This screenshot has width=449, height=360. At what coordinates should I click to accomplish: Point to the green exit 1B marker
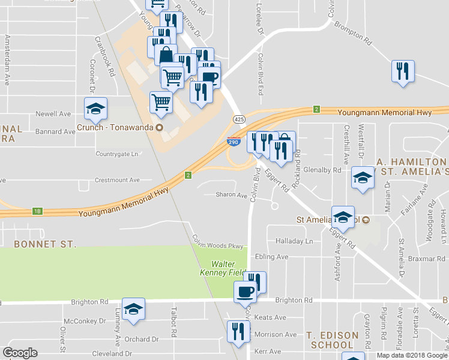click(x=37, y=211)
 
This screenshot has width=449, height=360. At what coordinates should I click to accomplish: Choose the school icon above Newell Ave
click(x=95, y=109)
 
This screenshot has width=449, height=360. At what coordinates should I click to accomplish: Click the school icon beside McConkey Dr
click(x=133, y=309)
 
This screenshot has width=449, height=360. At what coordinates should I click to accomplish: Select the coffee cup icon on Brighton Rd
click(x=244, y=292)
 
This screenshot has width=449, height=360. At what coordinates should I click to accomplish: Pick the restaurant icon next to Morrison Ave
click(x=238, y=331)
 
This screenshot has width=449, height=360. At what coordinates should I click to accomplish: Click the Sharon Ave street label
click(x=232, y=195)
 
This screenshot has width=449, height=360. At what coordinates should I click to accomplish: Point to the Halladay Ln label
click(x=294, y=241)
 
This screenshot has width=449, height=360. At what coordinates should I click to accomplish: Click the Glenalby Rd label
click(x=322, y=170)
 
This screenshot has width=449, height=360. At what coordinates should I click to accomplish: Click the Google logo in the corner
click(x=20, y=353)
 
